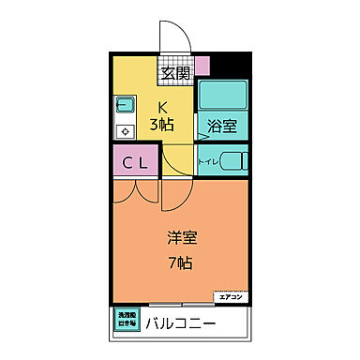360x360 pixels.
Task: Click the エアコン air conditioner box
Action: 231,297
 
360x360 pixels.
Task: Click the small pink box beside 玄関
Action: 202,66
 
